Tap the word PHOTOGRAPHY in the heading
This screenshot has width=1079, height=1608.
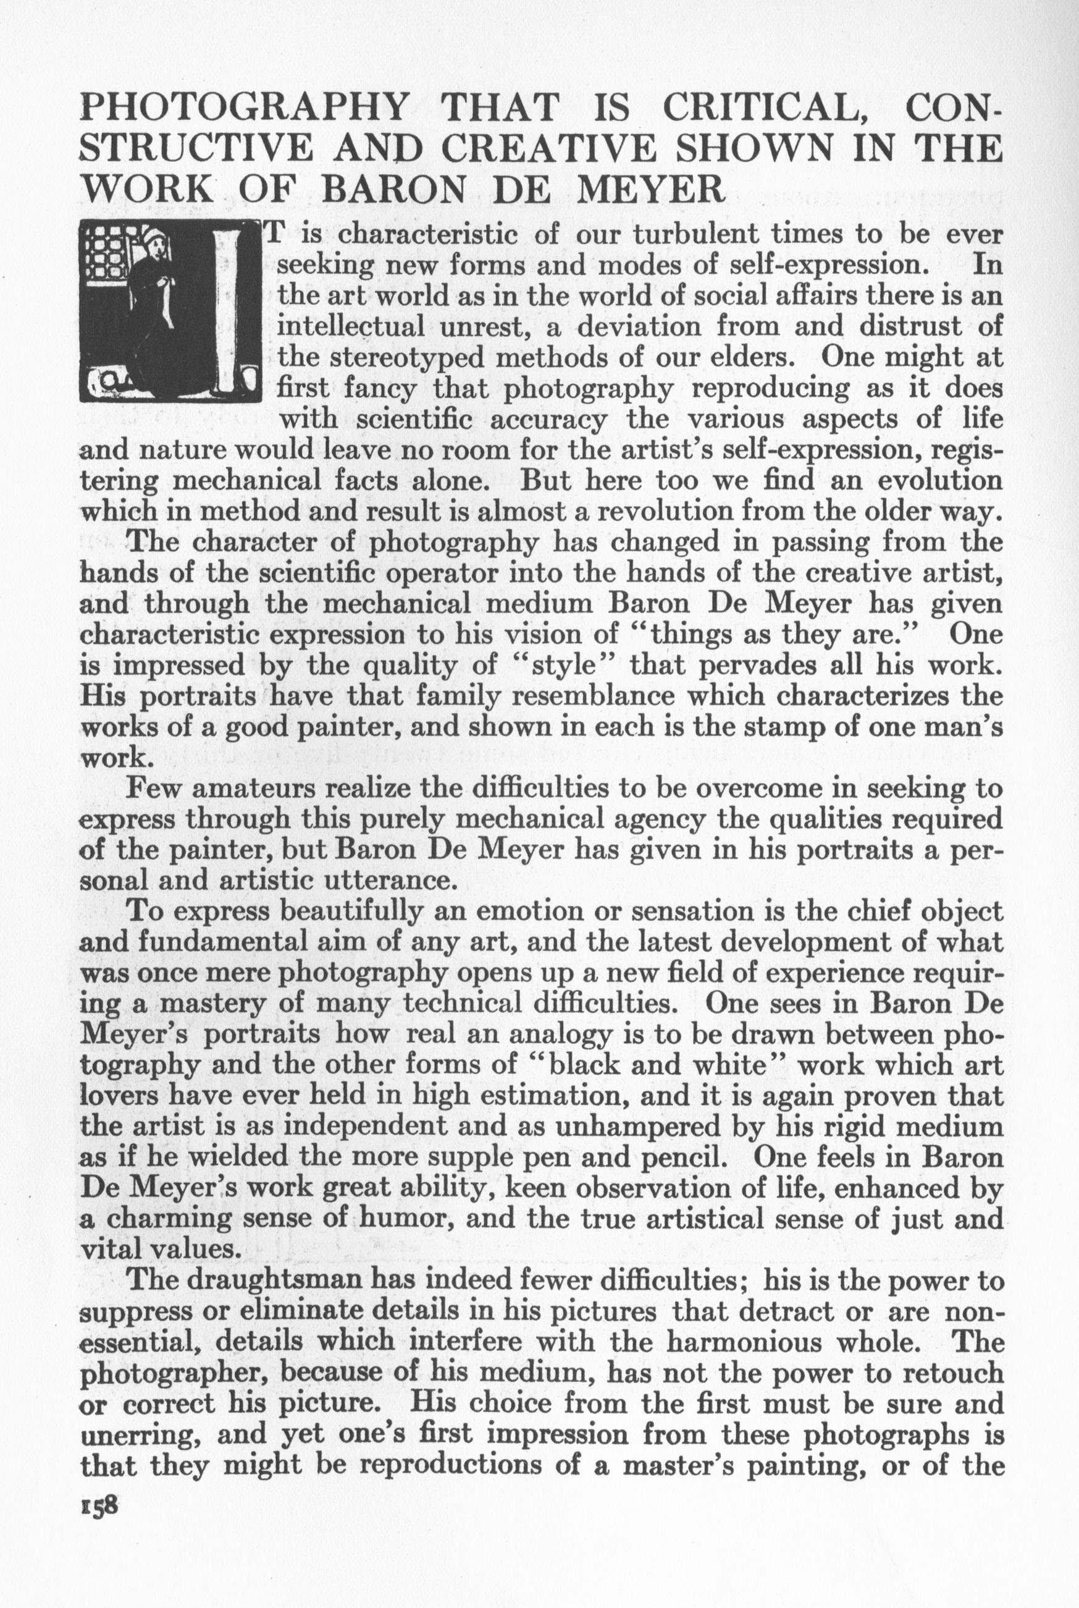tap(245, 109)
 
